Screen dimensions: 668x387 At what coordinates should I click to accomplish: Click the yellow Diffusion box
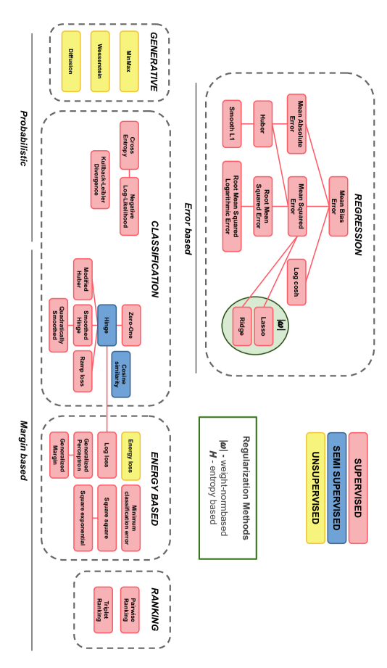coord(70,61)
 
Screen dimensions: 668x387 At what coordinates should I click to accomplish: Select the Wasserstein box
coord(100,61)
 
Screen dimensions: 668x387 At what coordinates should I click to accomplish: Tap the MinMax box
coord(129,61)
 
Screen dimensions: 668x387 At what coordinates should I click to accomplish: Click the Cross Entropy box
coord(129,145)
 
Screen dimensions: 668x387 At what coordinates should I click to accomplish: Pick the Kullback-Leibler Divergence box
coord(100,180)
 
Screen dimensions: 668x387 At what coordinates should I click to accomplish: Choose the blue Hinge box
coord(107,325)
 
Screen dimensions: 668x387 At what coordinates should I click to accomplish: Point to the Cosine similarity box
coord(121,374)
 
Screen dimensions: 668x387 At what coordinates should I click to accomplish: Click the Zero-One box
coord(131,325)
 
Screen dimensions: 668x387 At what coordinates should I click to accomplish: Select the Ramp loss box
coord(83,371)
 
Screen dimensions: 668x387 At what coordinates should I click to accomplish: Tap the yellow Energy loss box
coord(131,455)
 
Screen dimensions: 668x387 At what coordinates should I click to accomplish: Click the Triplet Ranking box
coord(103,609)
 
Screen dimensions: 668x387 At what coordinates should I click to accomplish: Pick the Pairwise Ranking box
coord(130,609)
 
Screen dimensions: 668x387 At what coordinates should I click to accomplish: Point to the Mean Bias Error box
coord(338,206)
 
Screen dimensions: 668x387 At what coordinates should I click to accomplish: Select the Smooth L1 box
coord(232,123)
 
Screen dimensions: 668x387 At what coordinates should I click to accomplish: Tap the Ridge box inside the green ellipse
coord(240,326)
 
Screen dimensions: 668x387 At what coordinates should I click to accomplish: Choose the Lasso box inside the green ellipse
coord(264,326)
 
